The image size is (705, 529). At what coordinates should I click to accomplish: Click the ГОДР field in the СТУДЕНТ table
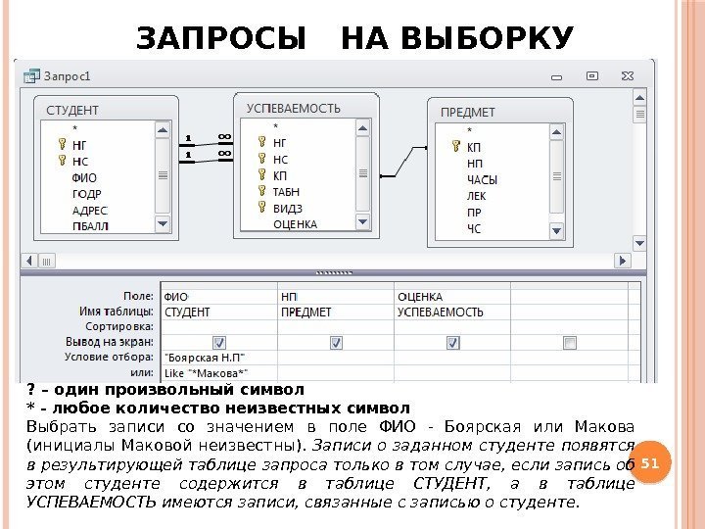click(87, 194)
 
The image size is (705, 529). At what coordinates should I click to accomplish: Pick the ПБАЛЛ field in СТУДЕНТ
click(91, 225)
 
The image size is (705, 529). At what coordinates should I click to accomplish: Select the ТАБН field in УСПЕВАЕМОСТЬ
click(287, 191)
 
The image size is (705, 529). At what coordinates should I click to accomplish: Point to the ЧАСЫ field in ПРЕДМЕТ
click(483, 180)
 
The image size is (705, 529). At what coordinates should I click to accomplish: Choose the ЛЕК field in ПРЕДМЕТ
click(476, 196)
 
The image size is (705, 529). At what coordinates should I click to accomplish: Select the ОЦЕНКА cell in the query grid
click(420, 296)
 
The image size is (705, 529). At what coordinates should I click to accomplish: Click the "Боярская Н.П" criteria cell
click(206, 358)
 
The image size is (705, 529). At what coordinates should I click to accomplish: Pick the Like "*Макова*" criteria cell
click(206, 372)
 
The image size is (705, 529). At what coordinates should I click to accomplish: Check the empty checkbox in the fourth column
click(570, 342)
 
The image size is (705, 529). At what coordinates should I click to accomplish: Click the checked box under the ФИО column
click(218, 342)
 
